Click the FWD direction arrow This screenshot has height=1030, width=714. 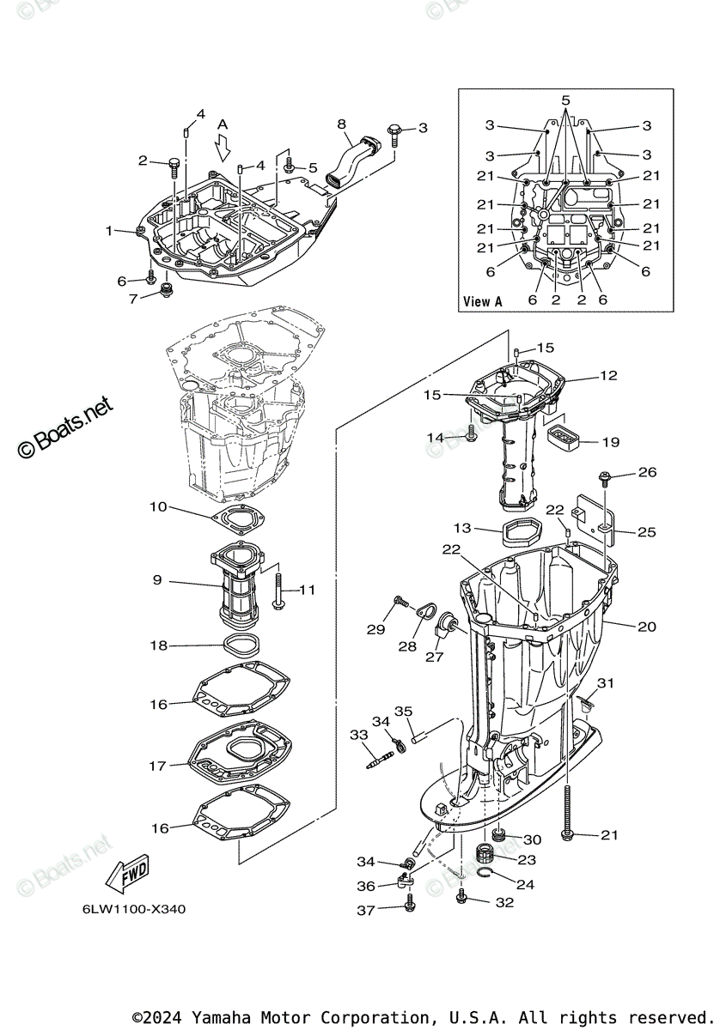click(125, 875)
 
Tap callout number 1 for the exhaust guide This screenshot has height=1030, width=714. click(109, 230)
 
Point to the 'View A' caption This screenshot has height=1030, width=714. click(483, 301)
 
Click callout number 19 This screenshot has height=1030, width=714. click(610, 442)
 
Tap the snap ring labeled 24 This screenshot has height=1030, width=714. click(486, 874)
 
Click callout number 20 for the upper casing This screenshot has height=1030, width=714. click(646, 627)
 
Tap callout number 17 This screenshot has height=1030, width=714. click(157, 766)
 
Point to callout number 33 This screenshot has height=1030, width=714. click(358, 735)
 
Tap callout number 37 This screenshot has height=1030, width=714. click(366, 910)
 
